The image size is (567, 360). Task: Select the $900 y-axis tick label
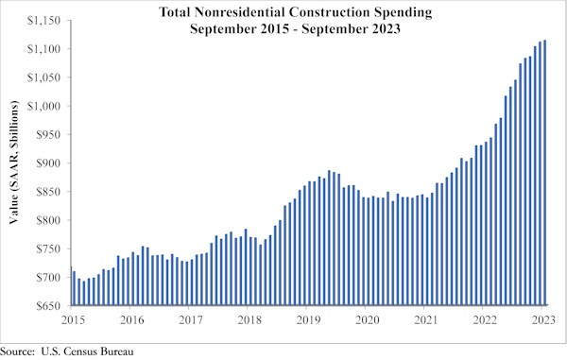point(51,163)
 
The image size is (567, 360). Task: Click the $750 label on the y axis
point(51,249)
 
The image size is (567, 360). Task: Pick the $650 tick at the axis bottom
point(51,306)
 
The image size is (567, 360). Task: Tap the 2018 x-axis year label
point(249,320)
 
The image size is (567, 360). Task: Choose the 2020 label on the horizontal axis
point(366,320)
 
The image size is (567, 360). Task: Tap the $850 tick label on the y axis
point(51,192)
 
